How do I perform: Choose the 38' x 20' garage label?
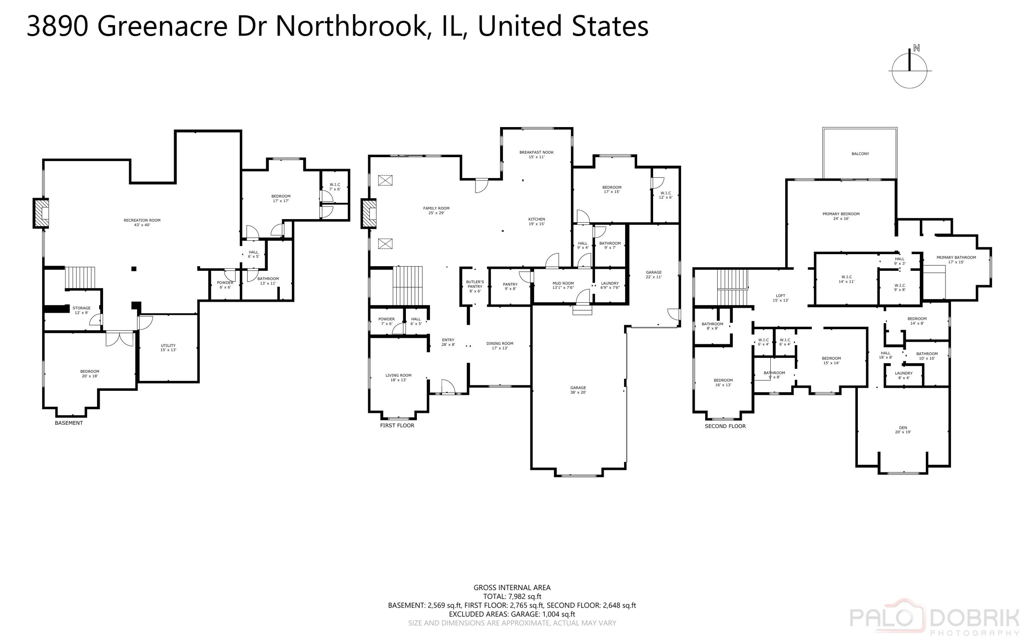pyautogui.click(x=578, y=390)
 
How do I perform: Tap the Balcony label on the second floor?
pyautogui.click(x=860, y=154)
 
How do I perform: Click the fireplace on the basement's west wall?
pyautogui.click(x=41, y=214)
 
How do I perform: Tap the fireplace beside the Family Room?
pyautogui.click(x=369, y=214)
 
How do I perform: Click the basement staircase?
pyautogui.click(x=80, y=278)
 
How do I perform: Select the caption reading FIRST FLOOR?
pyautogui.click(x=397, y=425)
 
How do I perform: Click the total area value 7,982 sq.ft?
pyautogui.click(x=525, y=596)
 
